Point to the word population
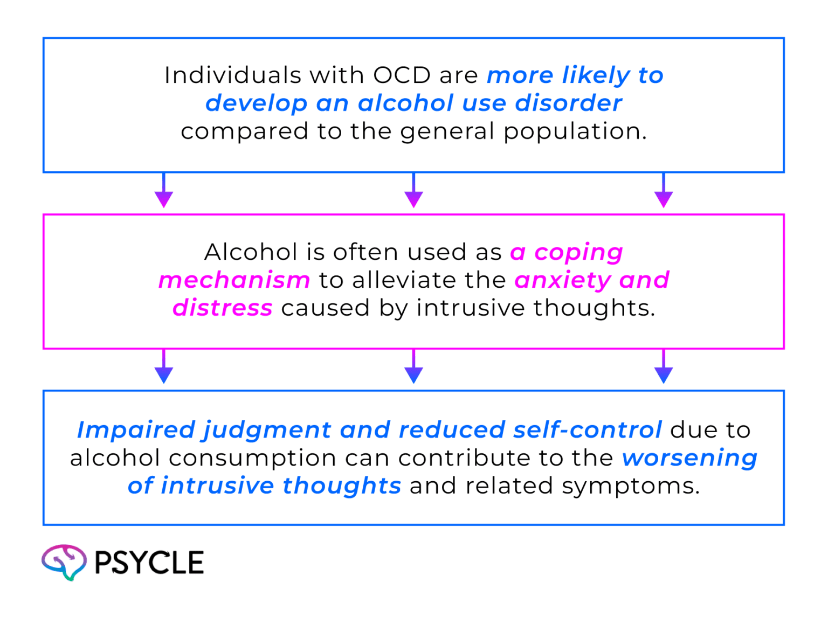point(575,132)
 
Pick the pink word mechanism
point(234,280)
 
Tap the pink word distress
point(222,308)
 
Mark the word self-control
point(587,430)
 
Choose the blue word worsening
point(689,458)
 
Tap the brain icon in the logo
point(64,562)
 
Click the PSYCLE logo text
point(149,563)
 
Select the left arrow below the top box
point(164,193)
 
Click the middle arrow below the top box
point(413,193)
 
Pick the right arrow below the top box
point(663,193)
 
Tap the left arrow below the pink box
point(164,369)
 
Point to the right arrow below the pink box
point(663,369)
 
